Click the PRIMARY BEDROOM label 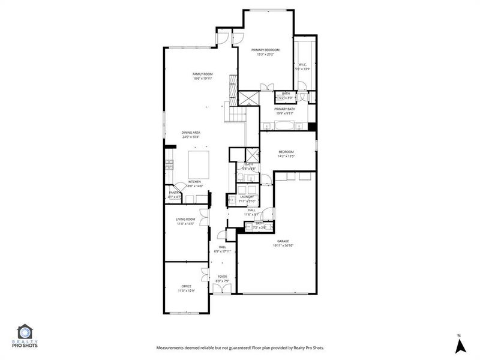click(268, 50)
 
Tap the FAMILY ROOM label click(203, 74)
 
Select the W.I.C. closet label click(302, 65)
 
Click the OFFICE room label click(187, 286)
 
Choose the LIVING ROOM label click(185, 220)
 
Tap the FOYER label click(222, 277)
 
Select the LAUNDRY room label click(247, 197)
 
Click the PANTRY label click(174, 193)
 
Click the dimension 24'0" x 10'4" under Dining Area click(191, 137)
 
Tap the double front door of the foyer click(222, 289)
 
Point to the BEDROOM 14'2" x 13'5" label click(286, 154)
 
